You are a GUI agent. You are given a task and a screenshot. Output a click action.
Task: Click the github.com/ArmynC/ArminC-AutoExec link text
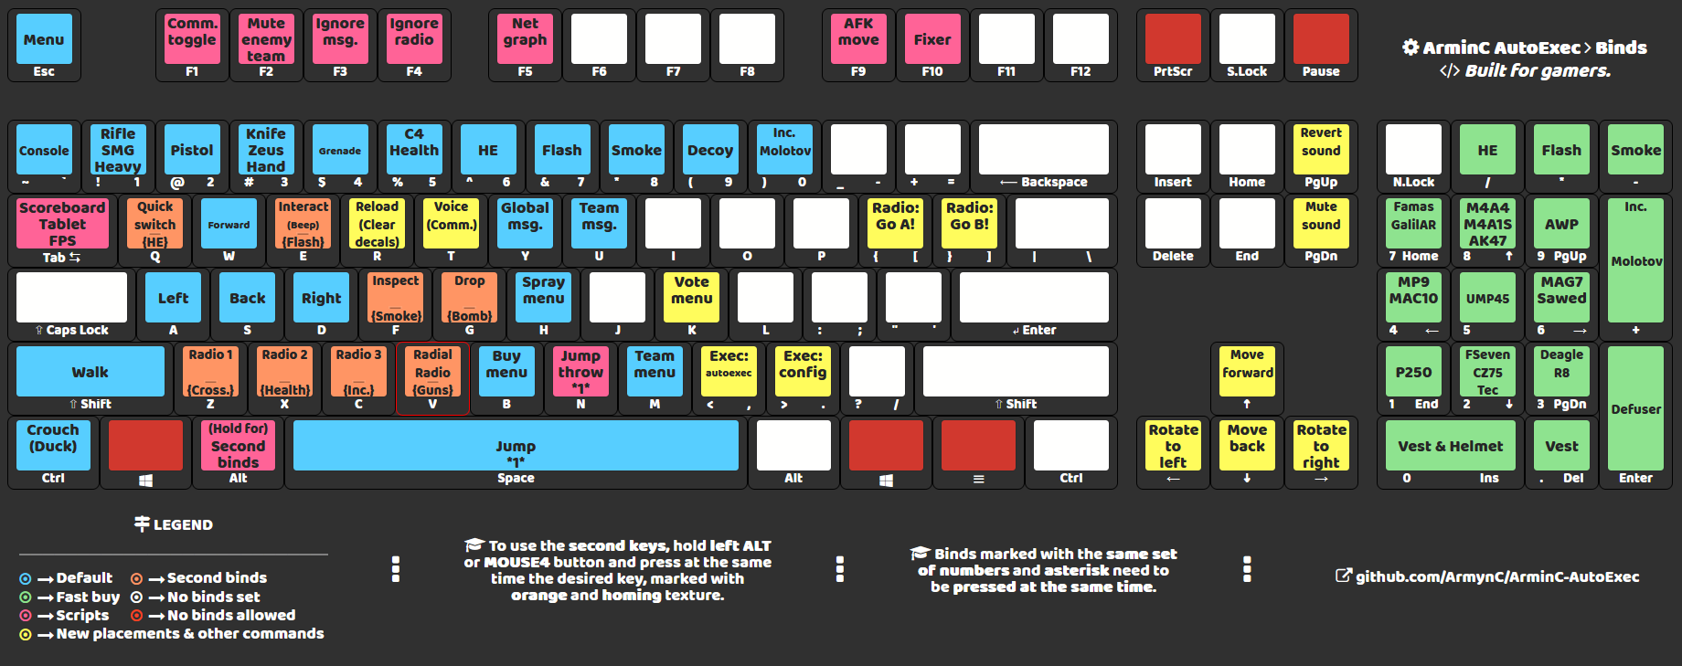click(x=1496, y=576)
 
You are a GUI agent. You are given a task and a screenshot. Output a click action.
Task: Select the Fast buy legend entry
click(x=88, y=597)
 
